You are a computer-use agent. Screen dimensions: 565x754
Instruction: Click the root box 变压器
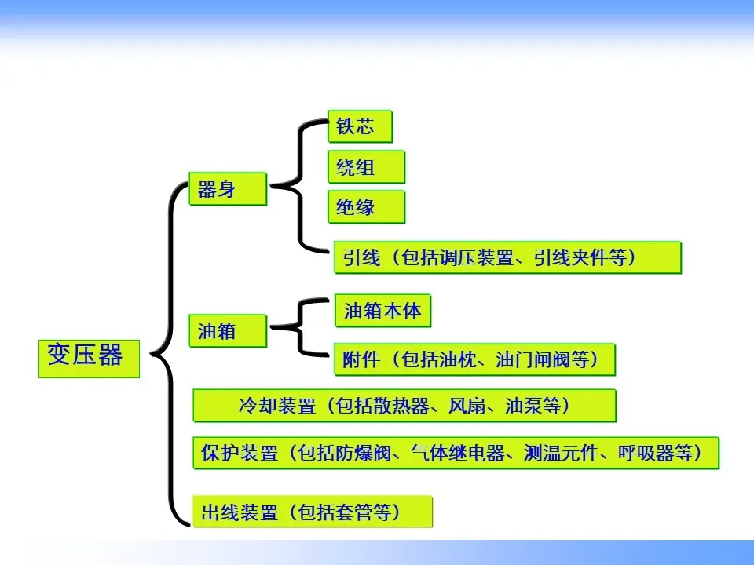click(89, 357)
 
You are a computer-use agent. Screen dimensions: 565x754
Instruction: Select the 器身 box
click(228, 189)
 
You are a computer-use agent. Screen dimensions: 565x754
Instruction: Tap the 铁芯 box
click(360, 127)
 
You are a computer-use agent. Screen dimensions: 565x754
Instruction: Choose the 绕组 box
click(366, 167)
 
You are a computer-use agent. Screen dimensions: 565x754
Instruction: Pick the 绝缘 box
click(366, 207)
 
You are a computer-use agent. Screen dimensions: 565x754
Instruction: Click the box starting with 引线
click(507, 257)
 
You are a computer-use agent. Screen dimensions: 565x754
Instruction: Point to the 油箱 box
click(228, 331)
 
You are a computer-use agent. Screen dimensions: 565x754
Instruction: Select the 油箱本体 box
click(382, 311)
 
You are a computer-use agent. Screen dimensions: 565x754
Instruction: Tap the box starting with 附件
click(474, 360)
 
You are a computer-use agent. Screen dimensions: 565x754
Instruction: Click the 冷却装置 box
click(404, 406)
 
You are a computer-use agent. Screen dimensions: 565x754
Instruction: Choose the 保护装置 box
click(456, 453)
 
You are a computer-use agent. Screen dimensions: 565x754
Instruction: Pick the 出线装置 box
click(313, 512)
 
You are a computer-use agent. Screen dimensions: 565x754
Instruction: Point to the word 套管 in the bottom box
click(356, 513)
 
